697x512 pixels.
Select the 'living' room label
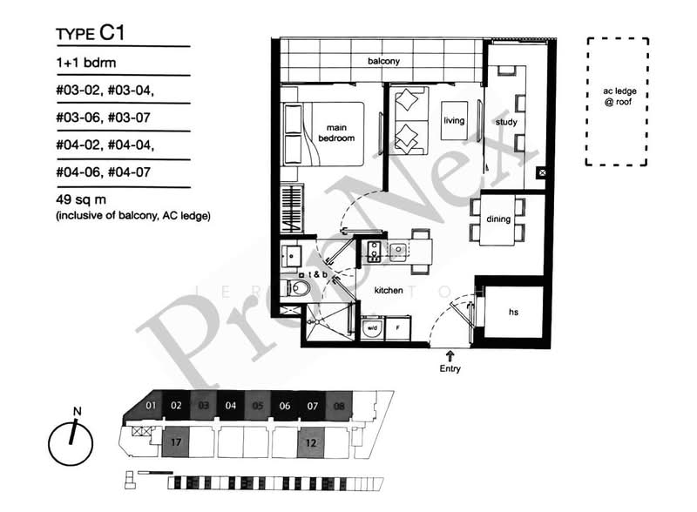click(455, 121)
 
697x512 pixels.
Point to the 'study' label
click(506, 122)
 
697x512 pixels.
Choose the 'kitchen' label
click(389, 290)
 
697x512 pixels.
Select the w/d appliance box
click(372, 328)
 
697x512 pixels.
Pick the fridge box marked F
click(399, 328)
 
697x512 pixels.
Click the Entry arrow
click(450, 355)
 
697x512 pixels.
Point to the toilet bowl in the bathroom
click(298, 287)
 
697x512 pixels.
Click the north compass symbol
click(71, 441)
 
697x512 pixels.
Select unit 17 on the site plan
click(176, 441)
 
